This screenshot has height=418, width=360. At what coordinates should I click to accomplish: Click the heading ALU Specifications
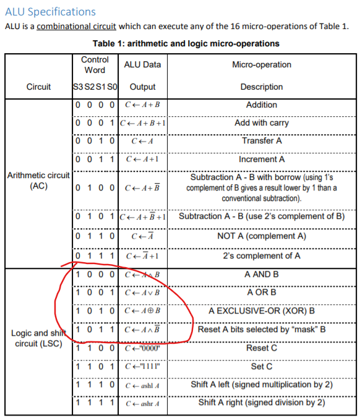pyautogui.click(x=50, y=12)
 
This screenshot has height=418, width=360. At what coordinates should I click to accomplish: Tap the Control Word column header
pyautogui.click(x=95, y=65)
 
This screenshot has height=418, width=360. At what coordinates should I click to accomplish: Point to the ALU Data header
pyautogui.click(x=142, y=65)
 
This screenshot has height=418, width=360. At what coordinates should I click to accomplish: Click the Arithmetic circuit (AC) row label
pyautogui.click(x=38, y=181)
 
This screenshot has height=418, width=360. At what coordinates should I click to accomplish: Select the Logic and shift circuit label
pyautogui.click(x=38, y=338)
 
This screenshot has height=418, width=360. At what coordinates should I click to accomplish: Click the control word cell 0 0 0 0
pyautogui.click(x=95, y=105)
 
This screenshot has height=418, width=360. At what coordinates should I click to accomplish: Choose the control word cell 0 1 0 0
pyautogui.click(x=95, y=187)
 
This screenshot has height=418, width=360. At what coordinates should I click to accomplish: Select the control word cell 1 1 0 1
pyautogui.click(x=95, y=366)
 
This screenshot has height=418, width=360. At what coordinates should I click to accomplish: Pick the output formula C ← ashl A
pyautogui.click(x=143, y=385)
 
